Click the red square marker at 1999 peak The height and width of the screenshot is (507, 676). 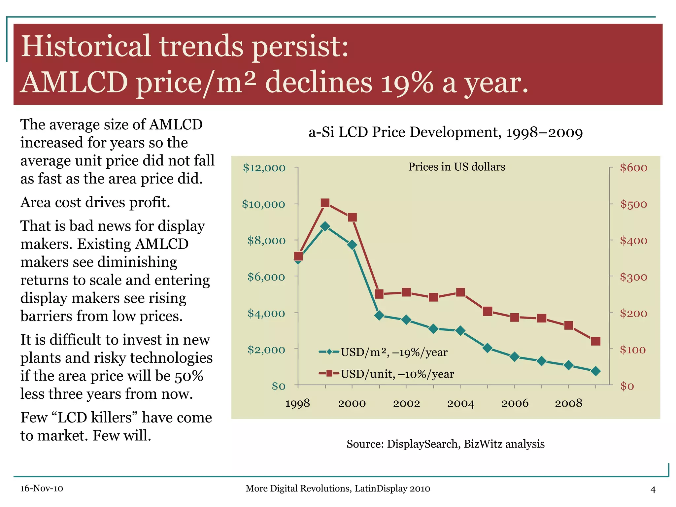click(x=325, y=203)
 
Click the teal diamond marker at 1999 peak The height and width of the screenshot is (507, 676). click(x=325, y=226)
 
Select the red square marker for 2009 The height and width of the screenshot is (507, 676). click(x=595, y=341)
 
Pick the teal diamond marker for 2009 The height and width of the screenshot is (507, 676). click(x=595, y=371)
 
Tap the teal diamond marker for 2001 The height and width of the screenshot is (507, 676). click(x=379, y=315)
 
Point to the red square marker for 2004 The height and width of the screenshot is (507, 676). click(x=460, y=292)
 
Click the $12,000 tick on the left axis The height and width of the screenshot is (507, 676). click(x=264, y=168)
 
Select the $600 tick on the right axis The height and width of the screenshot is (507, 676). click(x=633, y=168)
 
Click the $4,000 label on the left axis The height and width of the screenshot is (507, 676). click(x=266, y=313)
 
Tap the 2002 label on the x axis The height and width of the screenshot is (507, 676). click(x=406, y=403)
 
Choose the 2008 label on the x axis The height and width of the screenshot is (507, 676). click(x=568, y=403)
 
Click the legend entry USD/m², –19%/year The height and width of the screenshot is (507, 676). click(x=383, y=352)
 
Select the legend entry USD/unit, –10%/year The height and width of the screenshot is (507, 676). click(x=386, y=374)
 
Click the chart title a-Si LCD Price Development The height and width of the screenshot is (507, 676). click(x=445, y=132)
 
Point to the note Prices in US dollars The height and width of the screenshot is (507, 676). click(x=456, y=167)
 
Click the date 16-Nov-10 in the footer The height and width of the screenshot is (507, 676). click(x=42, y=489)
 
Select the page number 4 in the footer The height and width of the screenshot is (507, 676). click(x=653, y=490)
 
